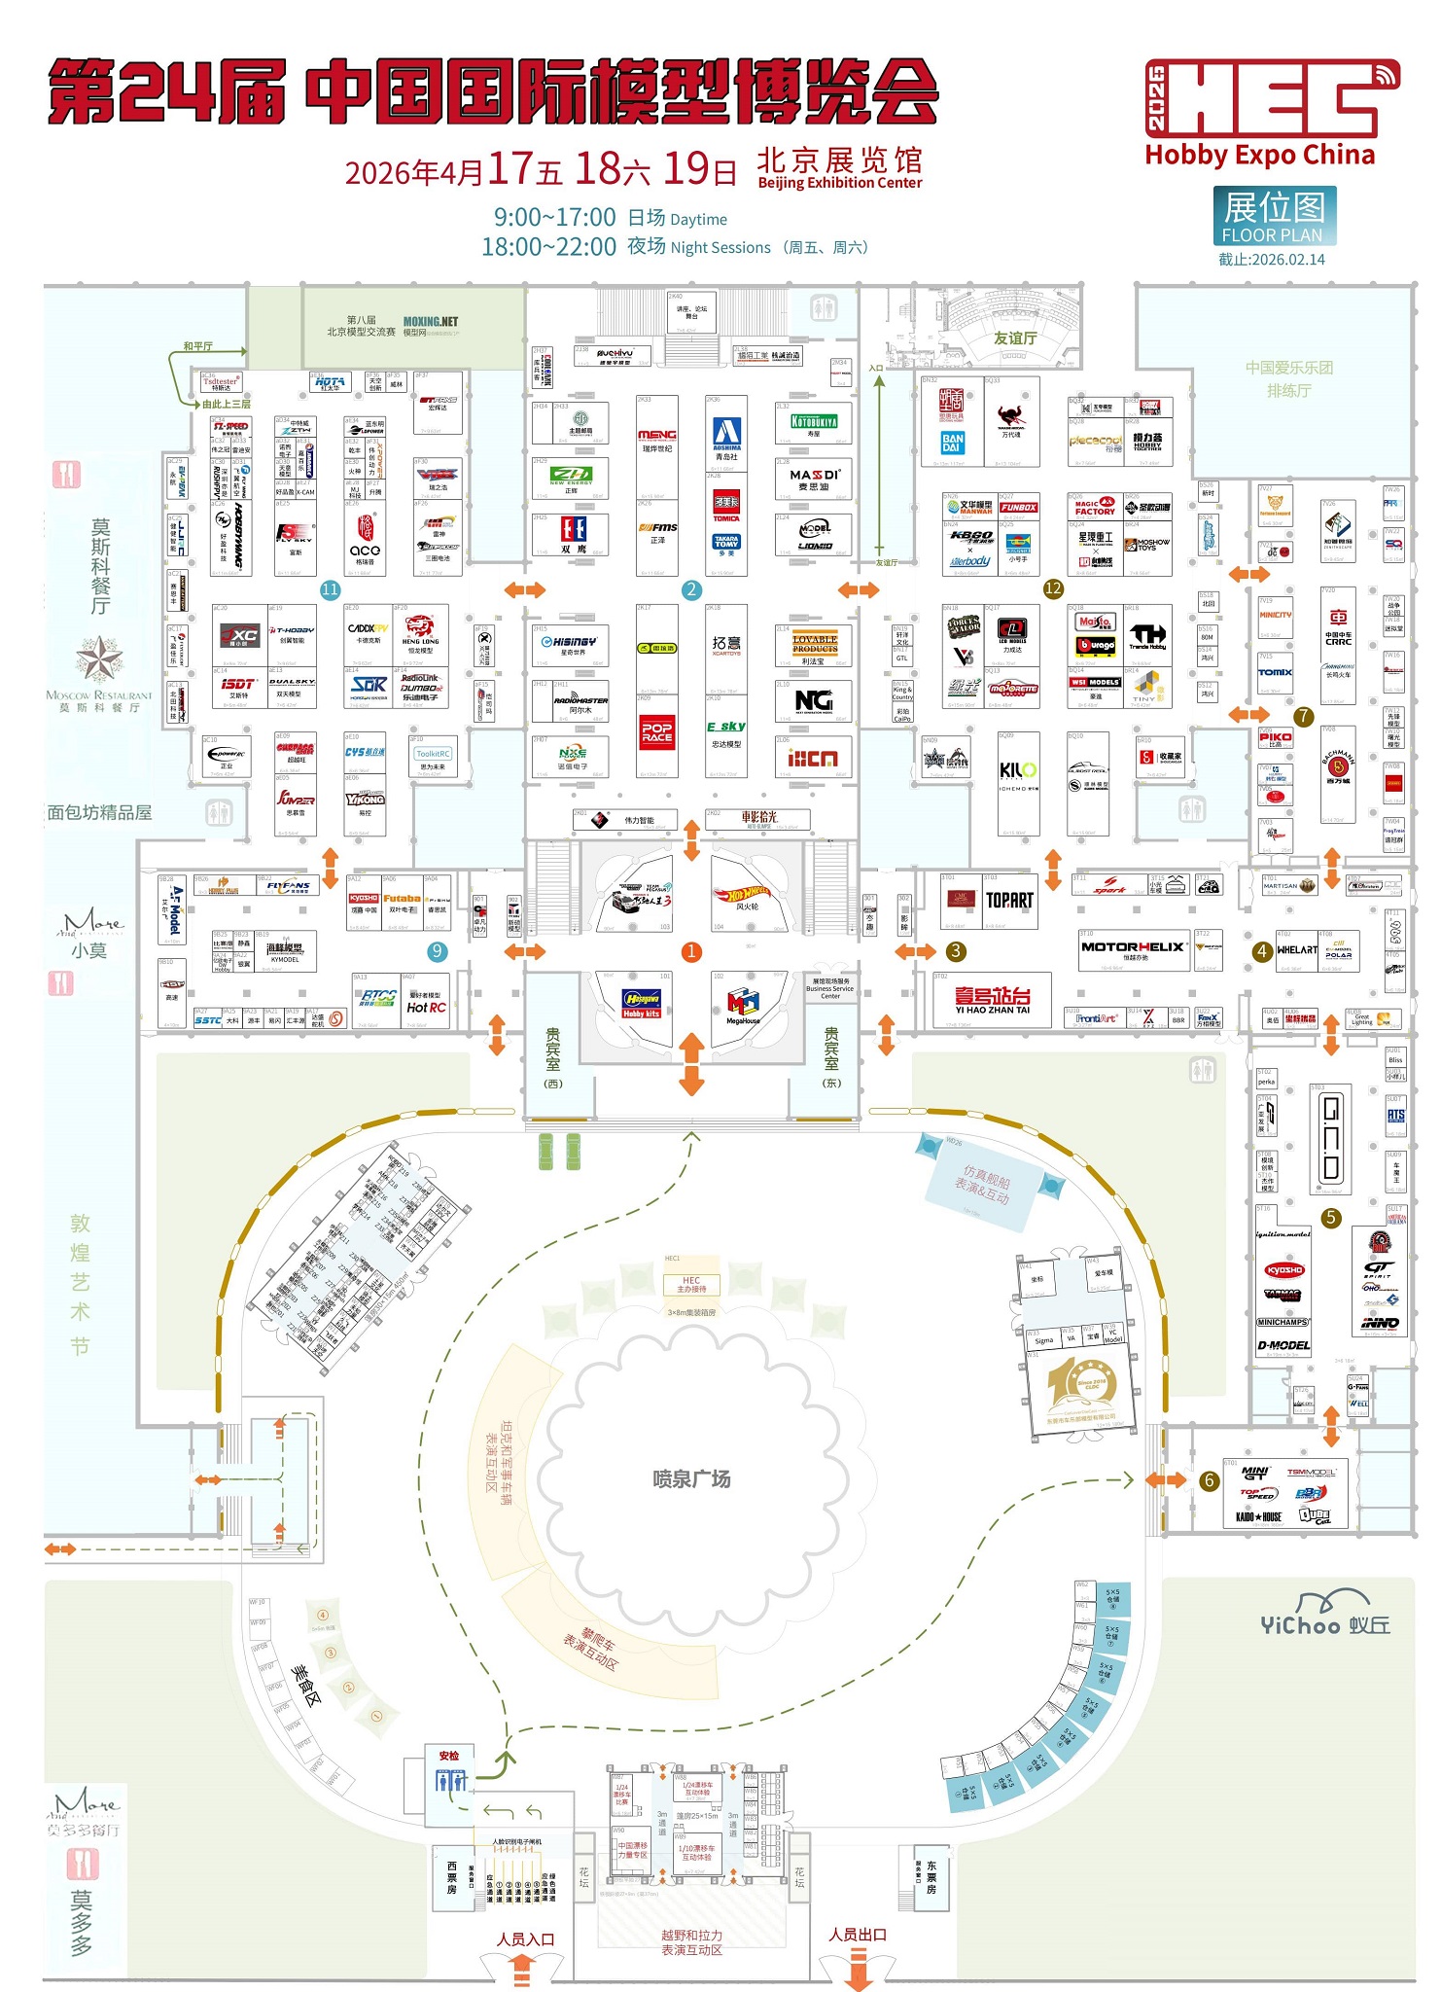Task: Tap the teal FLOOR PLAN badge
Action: click(1274, 216)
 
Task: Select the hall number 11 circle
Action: click(331, 589)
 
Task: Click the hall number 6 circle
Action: click(1209, 1480)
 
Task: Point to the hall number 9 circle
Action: click(438, 951)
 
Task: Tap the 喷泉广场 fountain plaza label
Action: click(691, 1479)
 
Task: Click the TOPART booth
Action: click(1009, 901)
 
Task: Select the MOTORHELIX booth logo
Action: click(1133, 946)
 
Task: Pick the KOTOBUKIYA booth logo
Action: click(814, 422)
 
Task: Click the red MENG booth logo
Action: click(657, 435)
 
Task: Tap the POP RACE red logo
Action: click(657, 731)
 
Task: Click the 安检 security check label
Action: click(448, 1756)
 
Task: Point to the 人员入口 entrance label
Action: click(525, 1939)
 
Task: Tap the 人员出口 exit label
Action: click(858, 1935)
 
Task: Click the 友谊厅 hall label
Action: click(1014, 338)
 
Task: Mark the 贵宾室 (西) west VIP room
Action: click(553, 1058)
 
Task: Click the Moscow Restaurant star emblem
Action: click(99, 659)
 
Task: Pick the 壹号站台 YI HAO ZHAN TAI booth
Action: click(992, 999)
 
